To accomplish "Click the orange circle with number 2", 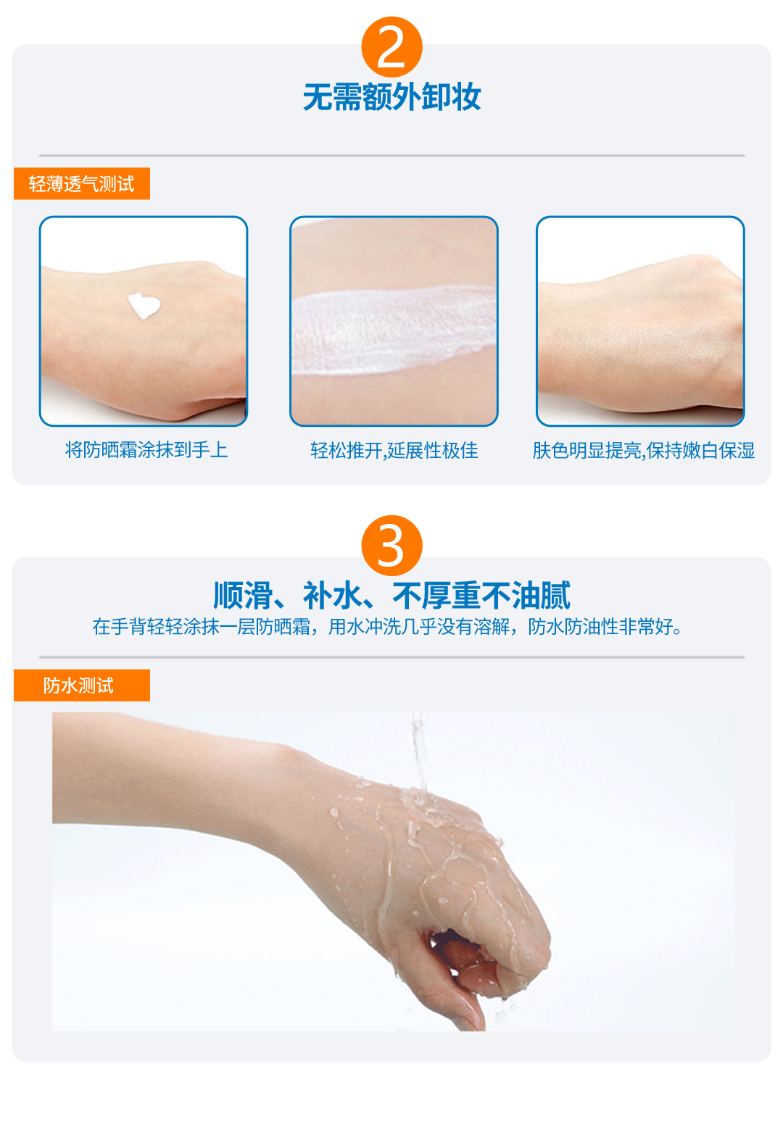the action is (x=391, y=47).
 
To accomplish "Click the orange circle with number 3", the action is (x=391, y=546).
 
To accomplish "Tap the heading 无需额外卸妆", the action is (x=391, y=97).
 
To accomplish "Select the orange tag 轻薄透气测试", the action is (x=82, y=183).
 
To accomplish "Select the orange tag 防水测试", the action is (x=82, y=686).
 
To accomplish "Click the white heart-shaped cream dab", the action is (x=144, y=305).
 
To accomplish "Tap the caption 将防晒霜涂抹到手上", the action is (x=146, y=450).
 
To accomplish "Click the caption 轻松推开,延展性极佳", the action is (x=394, y=451).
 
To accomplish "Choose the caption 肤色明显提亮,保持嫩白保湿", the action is (x=643, y=451).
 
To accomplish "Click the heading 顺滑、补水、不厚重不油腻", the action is (x=391, y=596).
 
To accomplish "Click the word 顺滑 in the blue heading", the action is (x=242, y=596).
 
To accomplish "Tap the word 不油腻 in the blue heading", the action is (x=526, y=596).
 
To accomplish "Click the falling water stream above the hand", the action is (x=419, y=751).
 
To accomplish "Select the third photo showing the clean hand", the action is (x=640, y=321).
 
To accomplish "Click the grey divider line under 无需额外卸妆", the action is (x=391, y=155).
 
